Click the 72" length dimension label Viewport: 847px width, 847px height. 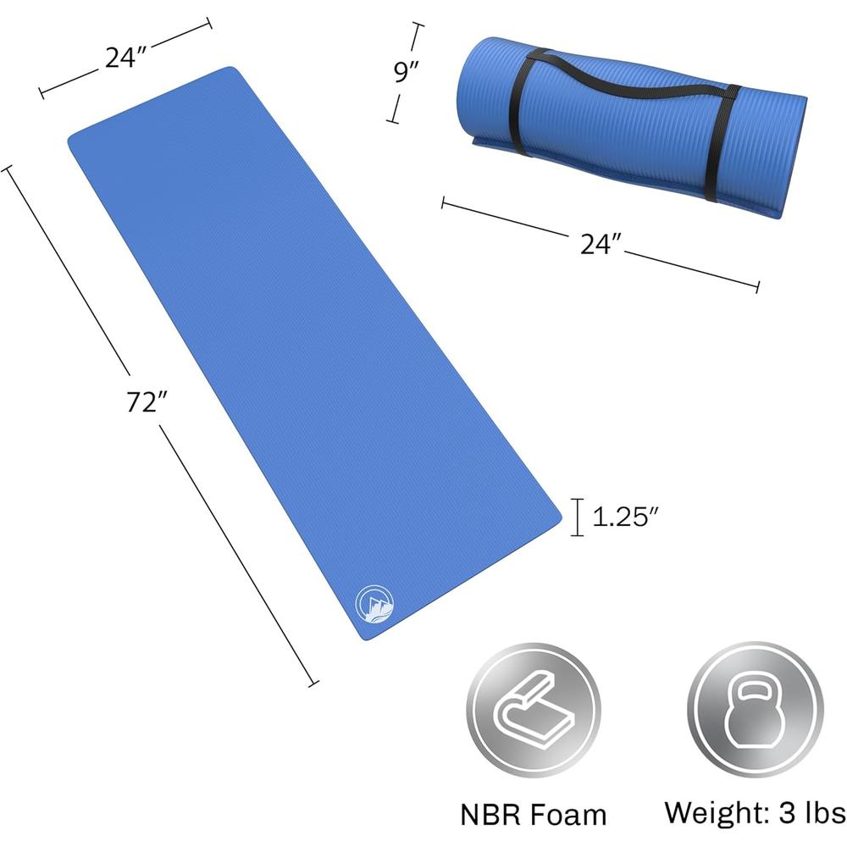(147, 401)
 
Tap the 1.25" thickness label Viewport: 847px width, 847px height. (626, 517)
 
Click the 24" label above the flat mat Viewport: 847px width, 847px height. (126, 58)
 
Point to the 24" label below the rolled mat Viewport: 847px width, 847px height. (601, 244)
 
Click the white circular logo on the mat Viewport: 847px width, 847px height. (374, 603)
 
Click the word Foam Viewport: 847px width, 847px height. (569, 815)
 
